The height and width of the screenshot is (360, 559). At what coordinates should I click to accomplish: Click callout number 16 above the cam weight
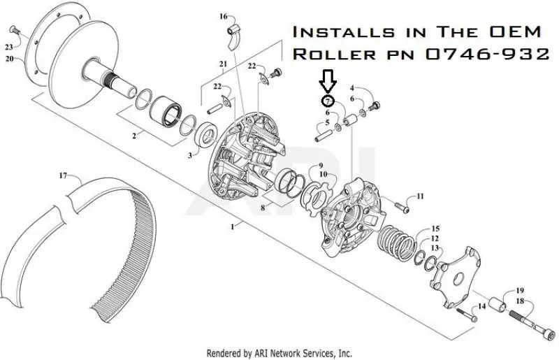click(x=223, y=15)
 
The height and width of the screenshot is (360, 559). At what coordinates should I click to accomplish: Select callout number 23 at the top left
click(x=8, y=48)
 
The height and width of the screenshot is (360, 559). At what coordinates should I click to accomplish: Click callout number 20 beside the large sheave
click(x=10, y=59)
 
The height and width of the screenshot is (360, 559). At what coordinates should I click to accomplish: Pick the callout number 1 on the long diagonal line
click(x=233, y=226)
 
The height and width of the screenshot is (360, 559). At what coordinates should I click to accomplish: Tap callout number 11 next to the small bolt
click(x=420, y=196)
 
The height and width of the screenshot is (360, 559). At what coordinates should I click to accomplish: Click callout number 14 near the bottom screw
click(x=481, y=307)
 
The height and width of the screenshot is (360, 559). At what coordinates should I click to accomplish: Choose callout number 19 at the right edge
click(x=519, y=289)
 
